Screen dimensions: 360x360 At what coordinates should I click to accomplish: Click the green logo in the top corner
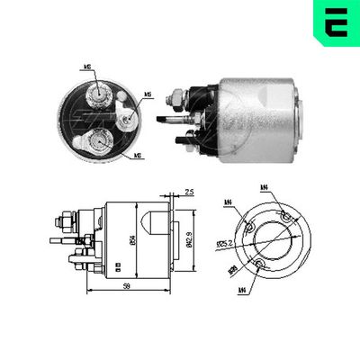pyautogui.click(x=333, y=21)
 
